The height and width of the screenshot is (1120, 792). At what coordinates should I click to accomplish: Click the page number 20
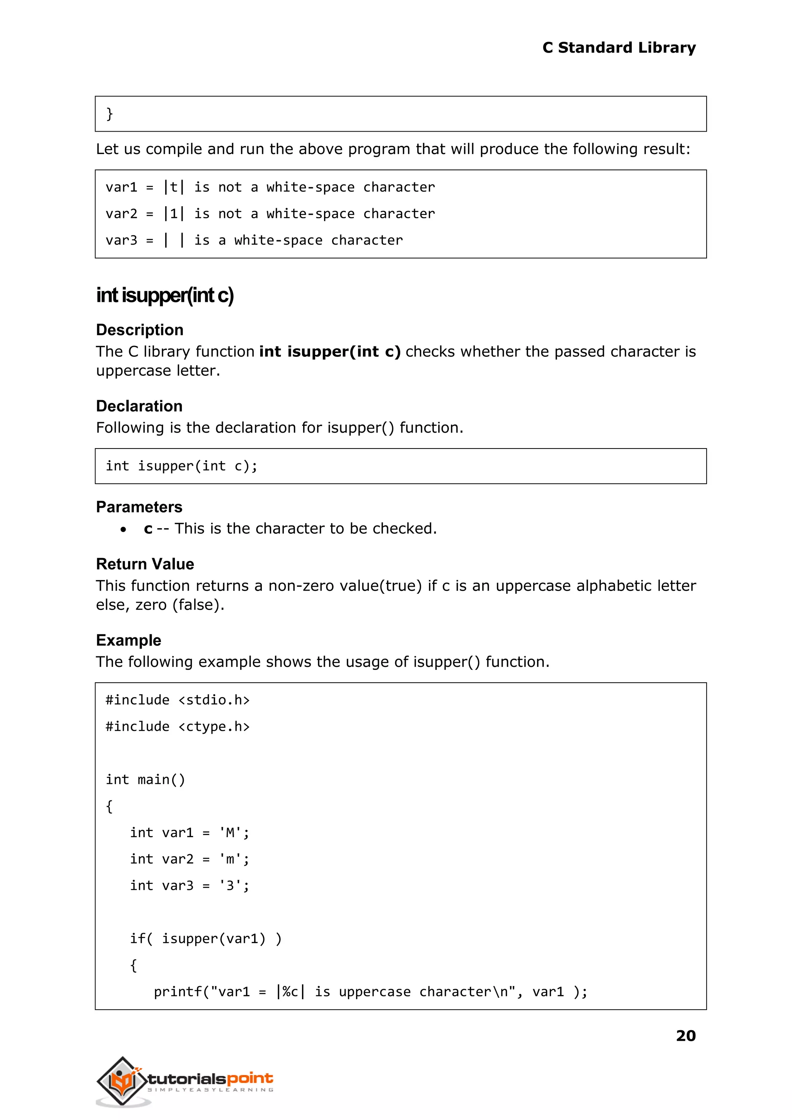(685, 1035)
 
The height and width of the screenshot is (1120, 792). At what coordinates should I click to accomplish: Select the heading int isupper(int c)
(165, 295)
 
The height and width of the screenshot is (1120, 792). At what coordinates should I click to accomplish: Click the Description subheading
(140, 330)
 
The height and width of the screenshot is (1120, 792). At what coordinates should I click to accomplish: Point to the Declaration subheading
(139, 406)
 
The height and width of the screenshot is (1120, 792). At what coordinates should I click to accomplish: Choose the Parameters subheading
(139, 507)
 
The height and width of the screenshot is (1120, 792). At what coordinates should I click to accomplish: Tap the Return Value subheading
(145, 564)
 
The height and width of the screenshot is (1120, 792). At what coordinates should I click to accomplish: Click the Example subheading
(128, 640)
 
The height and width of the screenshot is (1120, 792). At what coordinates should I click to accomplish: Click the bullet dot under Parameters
(123, 529)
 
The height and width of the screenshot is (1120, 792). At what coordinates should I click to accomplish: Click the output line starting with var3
(254, 240)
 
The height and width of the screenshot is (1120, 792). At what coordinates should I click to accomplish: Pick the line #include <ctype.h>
(178, 727)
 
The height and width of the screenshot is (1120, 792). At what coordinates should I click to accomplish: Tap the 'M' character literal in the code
(230, 832)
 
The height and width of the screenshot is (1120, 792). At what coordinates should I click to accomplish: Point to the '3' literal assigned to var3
(230, 886)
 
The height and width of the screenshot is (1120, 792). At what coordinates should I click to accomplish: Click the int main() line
(145, 780)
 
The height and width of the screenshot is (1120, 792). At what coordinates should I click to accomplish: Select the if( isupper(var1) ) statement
(206, 938)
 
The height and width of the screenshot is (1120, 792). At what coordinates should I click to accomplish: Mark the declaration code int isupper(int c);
(181, 466)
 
